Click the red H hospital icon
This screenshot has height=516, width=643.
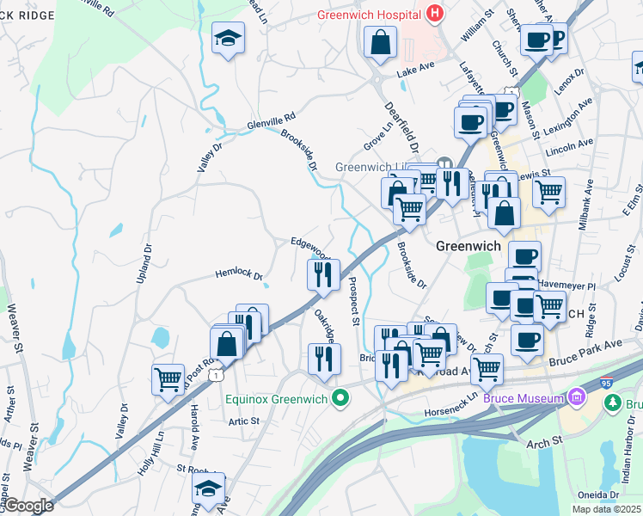436,15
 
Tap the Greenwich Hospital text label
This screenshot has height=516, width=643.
371,15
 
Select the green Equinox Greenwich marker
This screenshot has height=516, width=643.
342,397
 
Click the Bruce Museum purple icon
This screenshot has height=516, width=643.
575,397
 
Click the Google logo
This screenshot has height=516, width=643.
28,506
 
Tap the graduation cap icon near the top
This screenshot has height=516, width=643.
228,39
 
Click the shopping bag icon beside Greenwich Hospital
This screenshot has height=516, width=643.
379,42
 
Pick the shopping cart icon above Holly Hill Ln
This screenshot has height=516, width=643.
167,378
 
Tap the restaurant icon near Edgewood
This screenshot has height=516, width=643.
323,275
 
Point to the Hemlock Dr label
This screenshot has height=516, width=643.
238,274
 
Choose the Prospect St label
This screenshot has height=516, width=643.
353,301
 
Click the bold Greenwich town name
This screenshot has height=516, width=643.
468,245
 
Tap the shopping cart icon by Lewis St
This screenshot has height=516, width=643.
548,192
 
